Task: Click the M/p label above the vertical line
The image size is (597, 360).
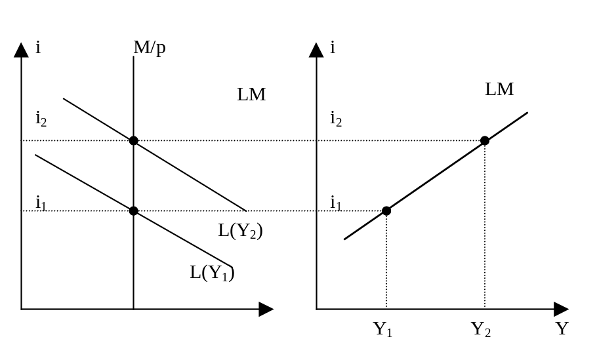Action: point(150,49)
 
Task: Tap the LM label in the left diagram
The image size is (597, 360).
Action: point(251,94)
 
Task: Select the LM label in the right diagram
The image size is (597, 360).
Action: point(499,90)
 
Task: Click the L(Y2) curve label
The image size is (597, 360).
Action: point(241,231)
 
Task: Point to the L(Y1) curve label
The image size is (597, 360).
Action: point(213,272)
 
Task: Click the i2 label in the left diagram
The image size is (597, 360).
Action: point(41,119)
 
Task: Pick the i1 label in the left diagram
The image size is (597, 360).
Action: point(41,204)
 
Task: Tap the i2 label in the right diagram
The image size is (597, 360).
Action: point(336,119)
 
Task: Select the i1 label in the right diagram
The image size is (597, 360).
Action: point(335,203)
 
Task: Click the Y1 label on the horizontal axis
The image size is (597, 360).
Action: point(383,329)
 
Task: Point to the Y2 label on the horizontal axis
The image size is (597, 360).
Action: point(481,329)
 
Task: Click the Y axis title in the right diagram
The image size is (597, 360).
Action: point(562,329)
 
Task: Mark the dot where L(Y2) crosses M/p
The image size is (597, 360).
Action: point(133,140)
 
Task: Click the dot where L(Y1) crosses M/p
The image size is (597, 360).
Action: point(133,210)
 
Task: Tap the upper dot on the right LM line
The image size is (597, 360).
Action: point(484,140)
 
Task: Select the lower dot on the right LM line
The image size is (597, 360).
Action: point(386,210)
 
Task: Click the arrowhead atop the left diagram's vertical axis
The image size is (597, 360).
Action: point(21,49)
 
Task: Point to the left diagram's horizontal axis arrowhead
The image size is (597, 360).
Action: point(265,309)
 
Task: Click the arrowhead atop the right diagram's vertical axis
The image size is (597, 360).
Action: point(316,49)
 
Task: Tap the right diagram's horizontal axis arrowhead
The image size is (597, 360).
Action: point(560,309)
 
